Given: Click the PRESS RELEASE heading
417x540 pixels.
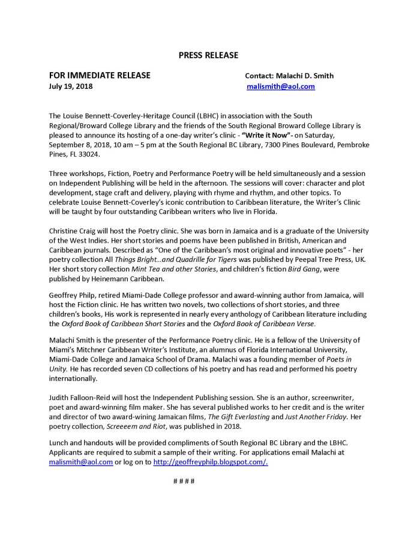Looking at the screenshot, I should coord(208,55).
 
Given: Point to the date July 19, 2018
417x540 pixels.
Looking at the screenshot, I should coord(71,86).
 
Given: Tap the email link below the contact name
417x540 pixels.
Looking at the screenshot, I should coord(281,86).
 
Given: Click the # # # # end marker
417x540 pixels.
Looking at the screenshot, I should coord(182,482).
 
